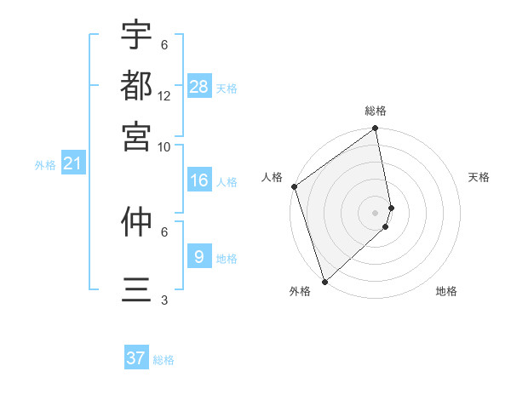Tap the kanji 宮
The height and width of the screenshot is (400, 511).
pos(136,134)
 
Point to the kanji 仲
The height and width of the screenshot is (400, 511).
pos(136,222)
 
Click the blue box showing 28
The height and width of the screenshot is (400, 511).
pos(199,86)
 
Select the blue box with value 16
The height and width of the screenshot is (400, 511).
pos(199,180)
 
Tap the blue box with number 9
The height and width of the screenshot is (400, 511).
pos(199,256)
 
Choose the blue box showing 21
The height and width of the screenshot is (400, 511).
pos(72,163)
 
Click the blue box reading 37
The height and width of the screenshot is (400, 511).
pos(136,358)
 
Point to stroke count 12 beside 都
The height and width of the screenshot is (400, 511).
pos(164,95)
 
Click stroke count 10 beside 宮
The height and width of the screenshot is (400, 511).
pos(164,146)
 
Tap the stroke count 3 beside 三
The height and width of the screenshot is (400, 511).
pos(164,300)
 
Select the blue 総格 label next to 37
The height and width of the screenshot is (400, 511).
pos(164,360)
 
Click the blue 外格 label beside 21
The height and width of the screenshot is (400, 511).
pos(44,165)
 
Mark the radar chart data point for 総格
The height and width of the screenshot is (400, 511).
pos(375,130)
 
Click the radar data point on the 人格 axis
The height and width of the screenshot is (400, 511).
pos(294,186)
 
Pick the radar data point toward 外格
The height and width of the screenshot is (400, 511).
pos(324,281)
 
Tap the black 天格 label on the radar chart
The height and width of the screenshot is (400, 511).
pos(479,177)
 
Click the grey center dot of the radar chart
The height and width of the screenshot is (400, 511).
pos(375,213)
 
